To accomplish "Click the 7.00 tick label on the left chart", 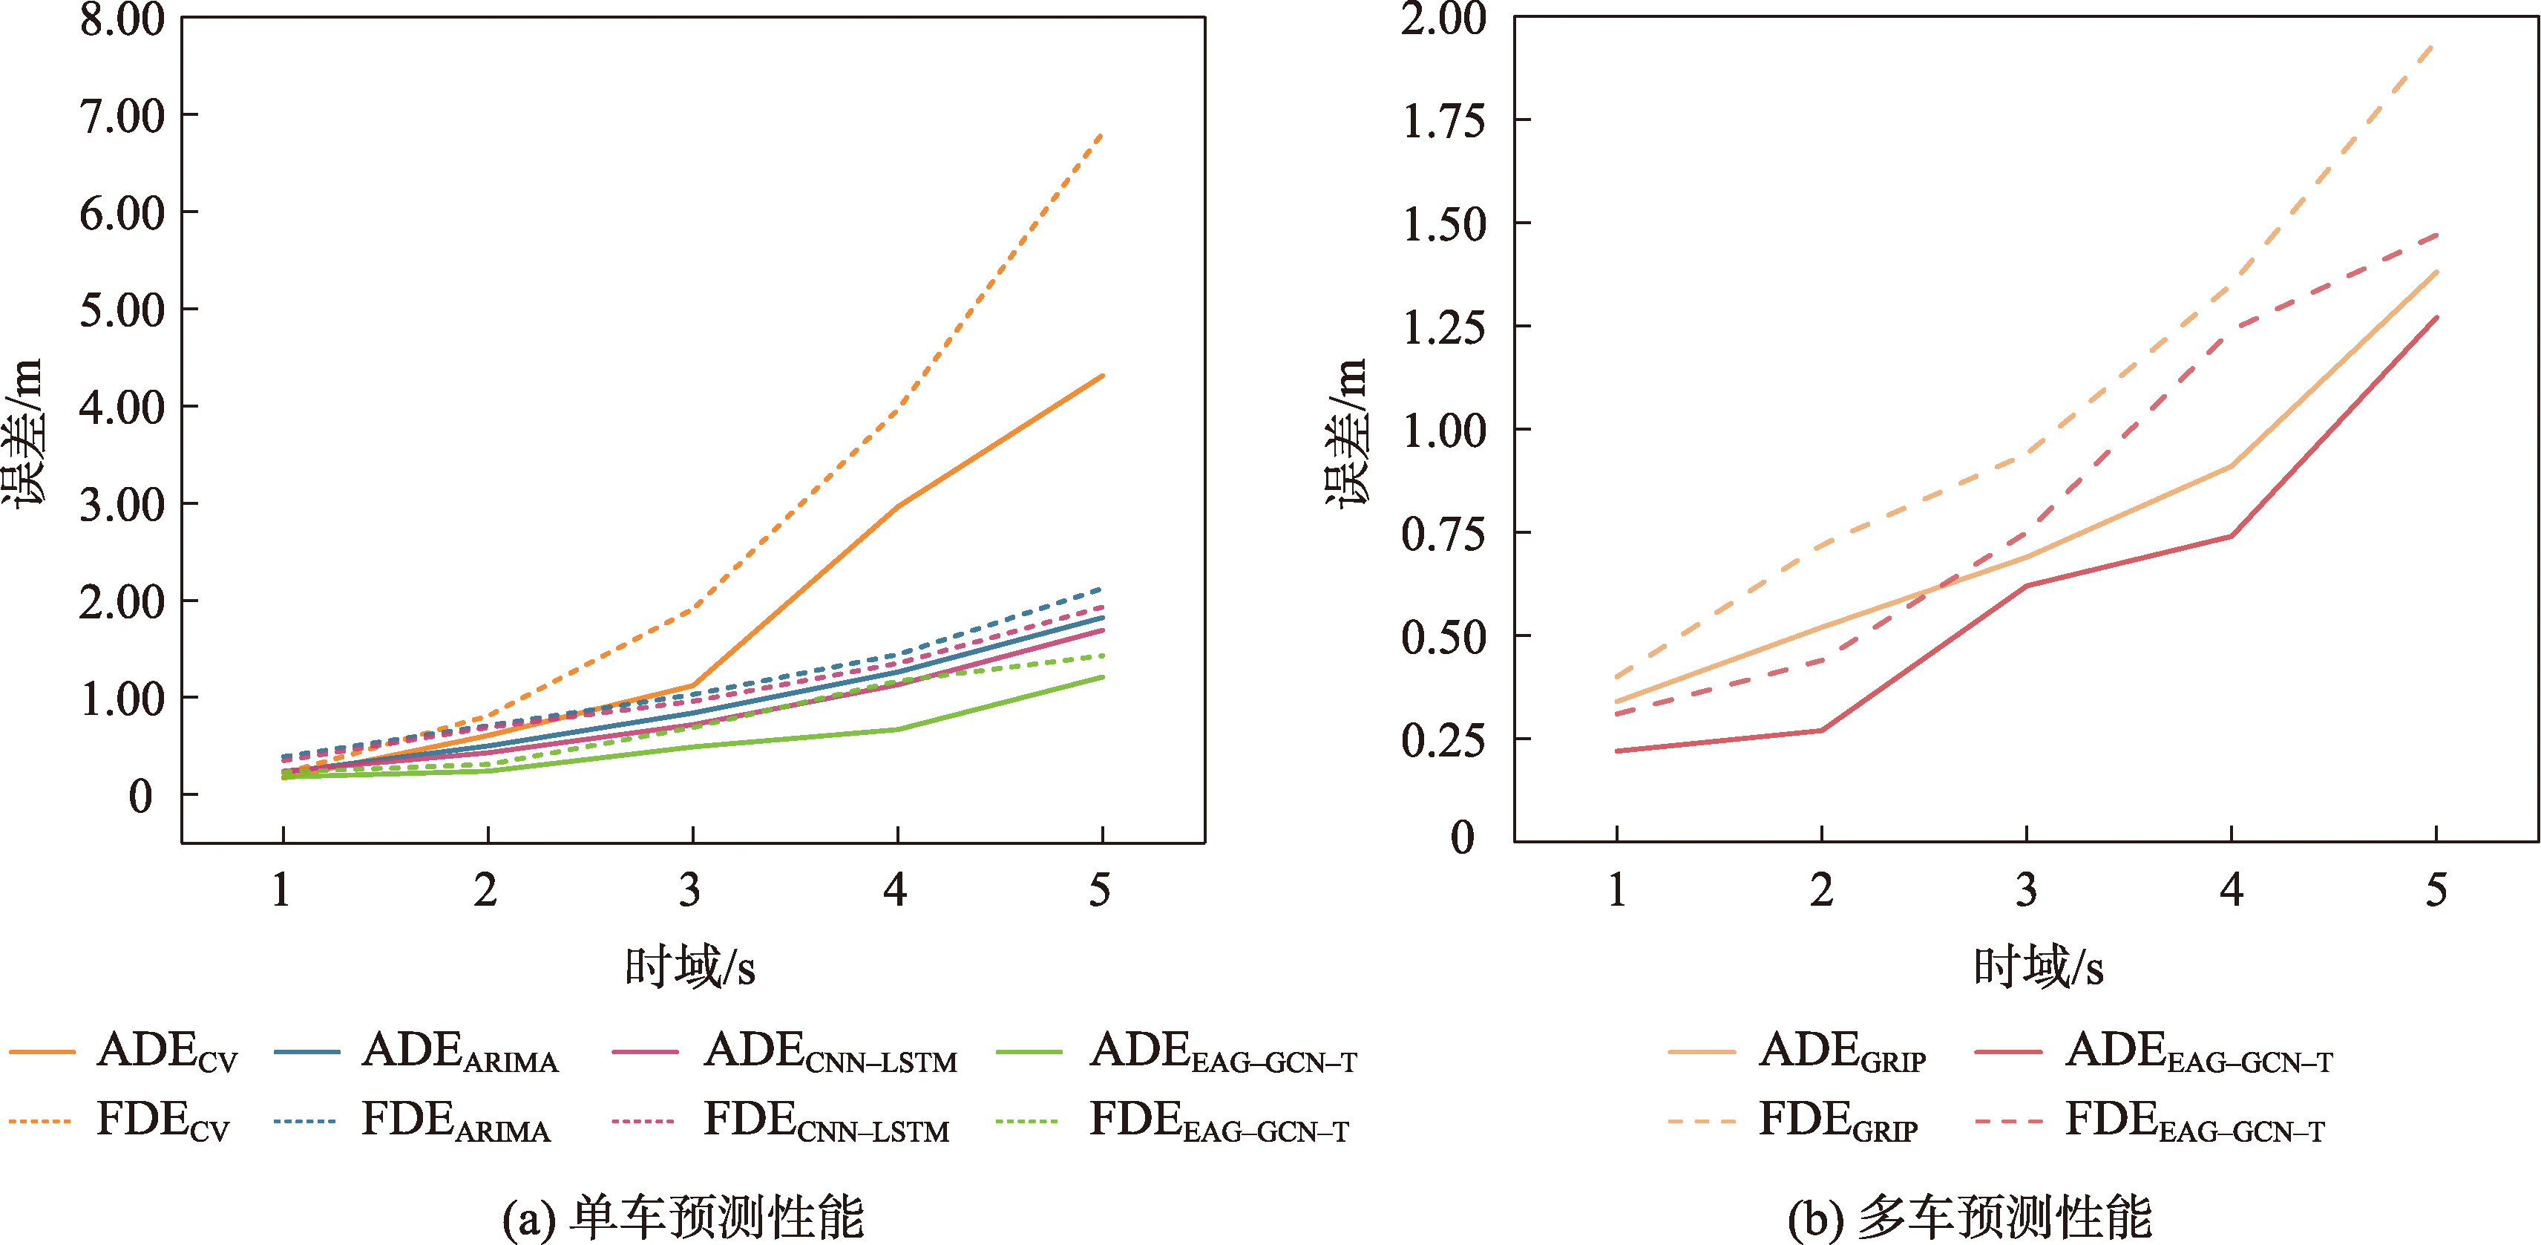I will [x=121, y=117].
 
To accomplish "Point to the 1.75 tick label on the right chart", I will [x=1443, y=121].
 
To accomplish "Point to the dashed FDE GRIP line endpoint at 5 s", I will [x=2436, y=45].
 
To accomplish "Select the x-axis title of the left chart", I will [x=689, y=967].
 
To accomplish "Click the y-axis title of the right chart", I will [x=1346, y=431].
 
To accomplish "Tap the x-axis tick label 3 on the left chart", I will [x=690, y=891].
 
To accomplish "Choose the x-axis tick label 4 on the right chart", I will [x=2232, y=891].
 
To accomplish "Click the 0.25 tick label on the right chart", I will [x=1443, y=741].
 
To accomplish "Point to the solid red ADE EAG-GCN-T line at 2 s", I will [x=1821, y=730].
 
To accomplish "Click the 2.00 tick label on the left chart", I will [x=121, y=602].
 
